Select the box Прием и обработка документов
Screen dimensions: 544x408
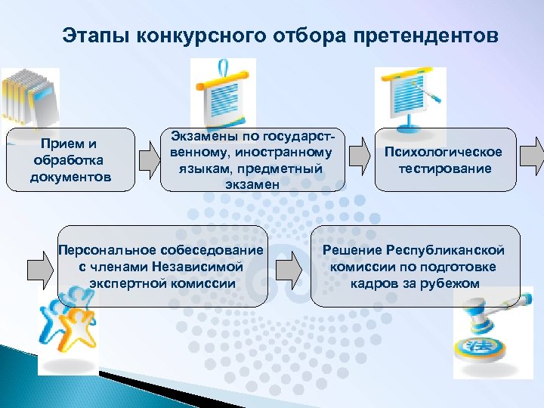pyautogui.click(x=70, y=160)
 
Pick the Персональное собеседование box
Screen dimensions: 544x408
pyautogui.click(x=162, y=266)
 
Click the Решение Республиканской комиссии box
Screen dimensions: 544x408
pyautogui.click(x=414, y=266)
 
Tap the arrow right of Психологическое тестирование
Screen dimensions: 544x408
pyautogui.click(x=536, y=155)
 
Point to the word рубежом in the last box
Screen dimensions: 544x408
pyautogui.click(x=453, y=283)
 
